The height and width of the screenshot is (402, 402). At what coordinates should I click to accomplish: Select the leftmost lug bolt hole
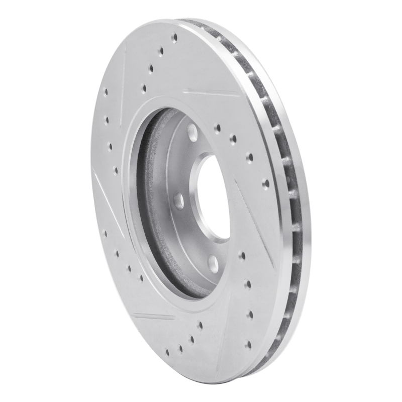pyautogui.click(x=178, y=200)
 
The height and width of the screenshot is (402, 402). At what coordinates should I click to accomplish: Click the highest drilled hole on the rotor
pyautogui.click(x=174, y=37)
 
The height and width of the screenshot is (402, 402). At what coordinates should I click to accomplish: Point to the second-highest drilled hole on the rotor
pyautogui.click(x=161, y=51)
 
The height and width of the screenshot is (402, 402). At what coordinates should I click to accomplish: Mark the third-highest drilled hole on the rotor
pyautogui.click(x=151, y=68)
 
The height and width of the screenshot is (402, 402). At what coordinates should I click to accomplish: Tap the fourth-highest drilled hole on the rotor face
pyautogui.click(x=144, y=88)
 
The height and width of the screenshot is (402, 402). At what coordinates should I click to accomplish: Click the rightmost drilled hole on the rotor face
pyautogui.click(x=265, y=183)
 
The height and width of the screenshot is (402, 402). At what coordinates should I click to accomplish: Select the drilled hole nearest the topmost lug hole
pyautogui.click(x=217, y=128)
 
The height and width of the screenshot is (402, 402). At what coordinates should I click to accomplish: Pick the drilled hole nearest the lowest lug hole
pyautogui.click(x=242, y=256)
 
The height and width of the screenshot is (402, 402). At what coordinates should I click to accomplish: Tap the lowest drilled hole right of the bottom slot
pyautogui.click(x=248, y=344)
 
